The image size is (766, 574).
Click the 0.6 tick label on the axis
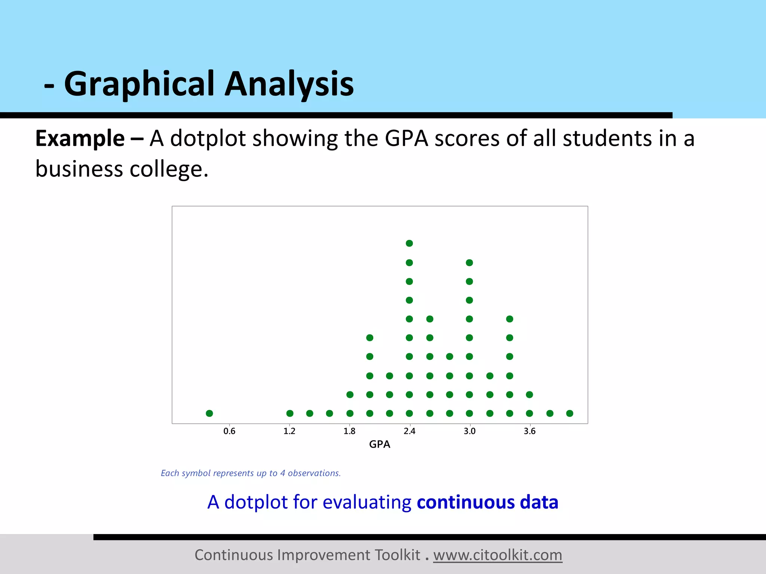(229, 431)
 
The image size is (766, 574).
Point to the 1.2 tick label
(289, 431)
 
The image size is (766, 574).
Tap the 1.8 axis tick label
(349, 431)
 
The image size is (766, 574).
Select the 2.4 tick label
(410, 431)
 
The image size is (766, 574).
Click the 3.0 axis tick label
(469, 431)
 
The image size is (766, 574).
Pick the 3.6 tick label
(530, 431)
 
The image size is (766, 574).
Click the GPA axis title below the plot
(379, 444)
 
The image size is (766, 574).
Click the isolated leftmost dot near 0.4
(209, 413)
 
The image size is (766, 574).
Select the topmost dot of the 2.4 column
(409, 243)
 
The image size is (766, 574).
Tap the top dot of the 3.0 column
(469, 263)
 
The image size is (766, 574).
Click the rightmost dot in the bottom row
(570, 413)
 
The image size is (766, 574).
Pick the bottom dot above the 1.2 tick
(290, 413)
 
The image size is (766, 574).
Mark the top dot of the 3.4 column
(509, 319)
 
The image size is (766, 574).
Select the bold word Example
(80, 139)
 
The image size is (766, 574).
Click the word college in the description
(168, 169)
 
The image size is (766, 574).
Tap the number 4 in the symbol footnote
(283, 473)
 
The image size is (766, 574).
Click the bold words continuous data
(487, 502)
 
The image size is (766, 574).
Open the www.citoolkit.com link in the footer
(497, 555)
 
